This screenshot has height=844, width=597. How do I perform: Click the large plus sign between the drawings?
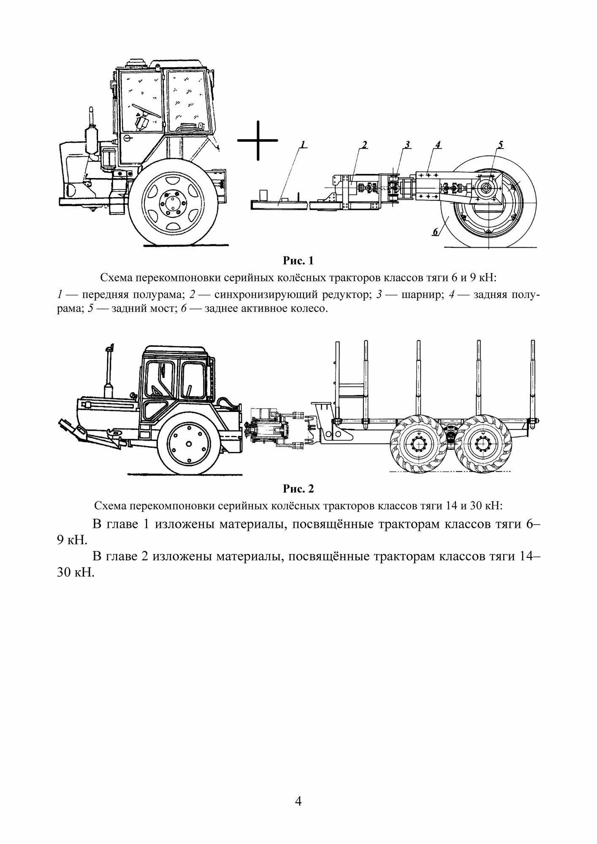[x=257, y=141]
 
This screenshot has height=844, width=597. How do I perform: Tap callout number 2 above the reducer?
[x=364, y=145]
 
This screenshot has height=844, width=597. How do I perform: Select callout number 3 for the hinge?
[x=407, y=145]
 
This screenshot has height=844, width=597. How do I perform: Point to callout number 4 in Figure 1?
[x=437, y=145]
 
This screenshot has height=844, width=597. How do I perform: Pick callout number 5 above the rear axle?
[x=500, y=145]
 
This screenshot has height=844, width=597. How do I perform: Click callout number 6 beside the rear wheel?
[x=435, y=232]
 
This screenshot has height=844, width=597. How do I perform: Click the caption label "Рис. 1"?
[x=298, y=261]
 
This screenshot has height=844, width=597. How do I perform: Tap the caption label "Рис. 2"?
[x=298, y=489]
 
